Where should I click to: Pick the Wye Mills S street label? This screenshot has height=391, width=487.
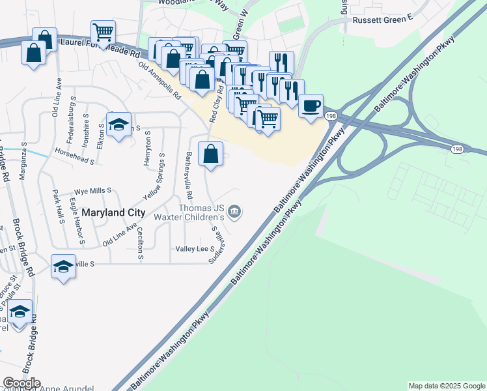coord(93,191)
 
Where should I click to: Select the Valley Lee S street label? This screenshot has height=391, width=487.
coord(195,249)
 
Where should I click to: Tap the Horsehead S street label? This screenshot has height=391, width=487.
coord(75,158)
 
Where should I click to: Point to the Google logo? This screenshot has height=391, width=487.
coord(21,383)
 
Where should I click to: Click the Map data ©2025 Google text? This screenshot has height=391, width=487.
coord(446,386)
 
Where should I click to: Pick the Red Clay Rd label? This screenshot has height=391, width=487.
coord(216,102)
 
